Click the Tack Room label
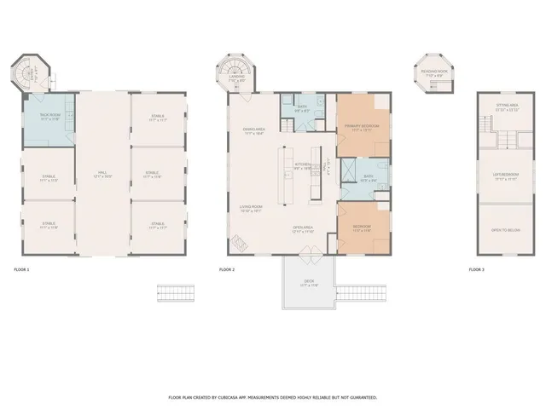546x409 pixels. (x=49, y=115)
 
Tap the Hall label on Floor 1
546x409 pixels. (x=102, y=173)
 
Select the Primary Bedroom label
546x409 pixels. (x=362, y=126)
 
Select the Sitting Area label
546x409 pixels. (x=508, y=106)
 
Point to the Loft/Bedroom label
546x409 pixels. (x=507, y=176)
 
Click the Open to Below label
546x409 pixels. (x=507, y=230)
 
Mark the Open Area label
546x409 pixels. (x=304, y=228)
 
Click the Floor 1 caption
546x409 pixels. (x=22, y=269)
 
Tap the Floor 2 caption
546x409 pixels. (x=226, y=269)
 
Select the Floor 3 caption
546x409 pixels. (x=476, y=269)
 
